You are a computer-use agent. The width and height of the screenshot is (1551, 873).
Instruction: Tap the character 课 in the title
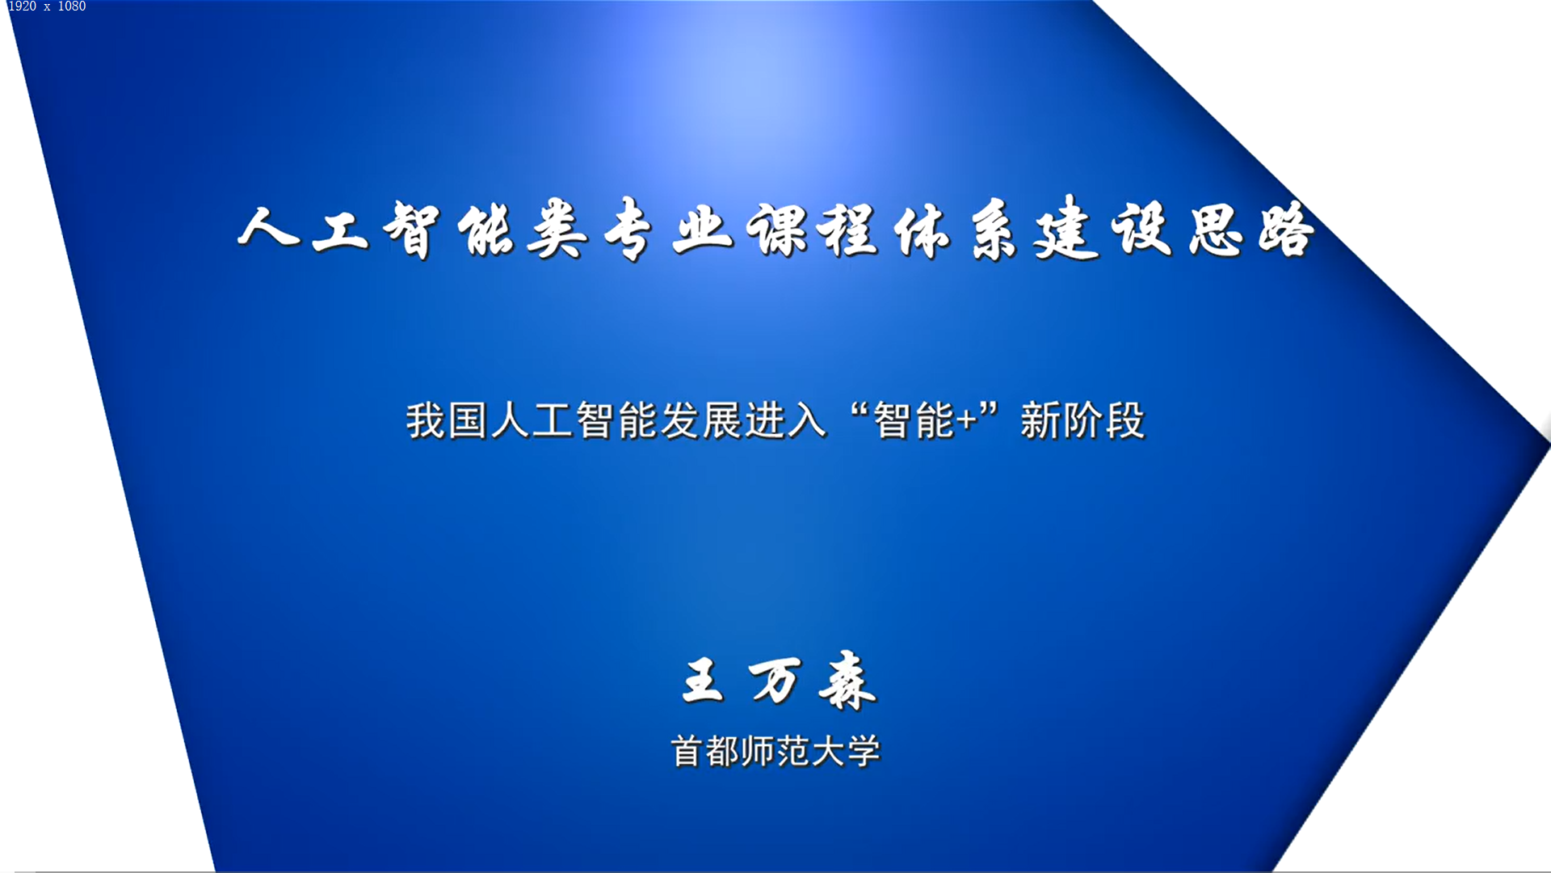pos(778,230)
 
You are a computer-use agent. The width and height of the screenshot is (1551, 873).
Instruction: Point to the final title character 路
pos(1287,230)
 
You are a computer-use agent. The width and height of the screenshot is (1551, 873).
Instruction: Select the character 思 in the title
pos(1217,230)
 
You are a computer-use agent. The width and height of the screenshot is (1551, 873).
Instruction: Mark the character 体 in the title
pos(922,230)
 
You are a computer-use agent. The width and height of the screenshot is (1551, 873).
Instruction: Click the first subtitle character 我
pos(426,420)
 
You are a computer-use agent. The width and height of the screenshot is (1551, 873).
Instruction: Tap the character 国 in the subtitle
pos(468,420)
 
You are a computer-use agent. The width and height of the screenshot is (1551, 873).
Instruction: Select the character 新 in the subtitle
pos(1040,420)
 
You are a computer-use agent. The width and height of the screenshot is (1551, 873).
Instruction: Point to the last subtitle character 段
pos(1125,420)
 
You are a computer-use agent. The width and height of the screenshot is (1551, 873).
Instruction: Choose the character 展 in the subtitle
pos(722,420)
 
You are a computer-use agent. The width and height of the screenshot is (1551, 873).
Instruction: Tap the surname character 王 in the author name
pos(703,680)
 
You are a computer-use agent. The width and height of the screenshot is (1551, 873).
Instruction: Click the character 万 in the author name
pos(775,680)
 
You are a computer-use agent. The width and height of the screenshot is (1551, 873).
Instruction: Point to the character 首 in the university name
pos(687,752)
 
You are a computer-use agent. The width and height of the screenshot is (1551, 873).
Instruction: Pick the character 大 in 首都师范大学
pos(828,752)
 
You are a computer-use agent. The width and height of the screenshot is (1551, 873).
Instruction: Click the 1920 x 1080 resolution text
pos(46,6)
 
